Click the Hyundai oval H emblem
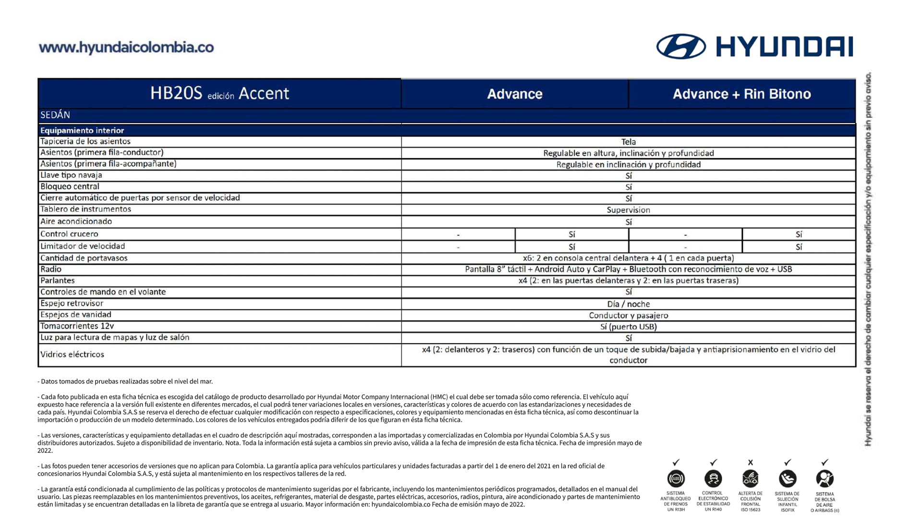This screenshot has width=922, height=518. (x=681, y=47)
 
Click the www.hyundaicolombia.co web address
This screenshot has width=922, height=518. (x=126, y=48)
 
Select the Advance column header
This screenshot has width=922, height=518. (x=514, y=94)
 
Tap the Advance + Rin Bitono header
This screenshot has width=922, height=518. (x=741, y=94)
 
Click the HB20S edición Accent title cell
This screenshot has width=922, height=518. (x=219, y=93)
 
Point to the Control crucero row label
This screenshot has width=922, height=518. (x=69, y=234)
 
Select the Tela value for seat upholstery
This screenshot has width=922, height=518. (x=628, y=142)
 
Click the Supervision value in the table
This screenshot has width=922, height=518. (x=628, y=210)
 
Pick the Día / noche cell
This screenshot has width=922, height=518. (x=628, y=304)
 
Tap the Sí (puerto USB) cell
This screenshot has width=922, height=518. (x=628, y=327)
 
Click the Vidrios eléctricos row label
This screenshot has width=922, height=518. (x=72, y=355)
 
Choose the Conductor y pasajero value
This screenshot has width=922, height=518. (x=628, y=315)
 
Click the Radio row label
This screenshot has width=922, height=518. (x=51, y=269)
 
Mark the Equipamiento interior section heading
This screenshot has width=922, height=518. (x=82, y=130)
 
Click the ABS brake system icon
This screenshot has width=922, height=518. (x=676, y=479)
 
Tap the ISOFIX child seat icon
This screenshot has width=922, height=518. (x=788, y=479)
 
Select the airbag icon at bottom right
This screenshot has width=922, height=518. (x=825, y=479)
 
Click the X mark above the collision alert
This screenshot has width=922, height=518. (x=751, y=462)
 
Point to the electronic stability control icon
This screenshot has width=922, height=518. (x=713, y=479)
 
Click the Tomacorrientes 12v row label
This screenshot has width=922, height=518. (x=77, y=326)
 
